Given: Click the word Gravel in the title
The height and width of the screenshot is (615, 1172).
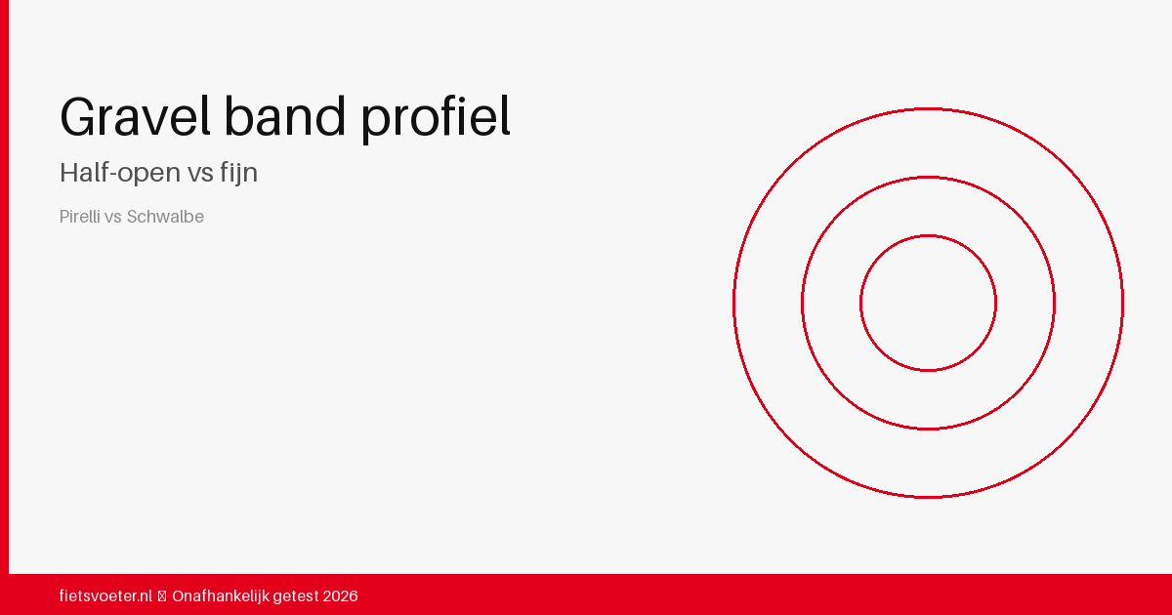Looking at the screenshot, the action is [x=135, y=116].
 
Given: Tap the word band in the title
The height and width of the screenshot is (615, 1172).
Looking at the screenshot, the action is [x=284, y=116].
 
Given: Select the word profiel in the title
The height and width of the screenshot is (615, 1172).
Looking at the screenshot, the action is [x=436, y=119].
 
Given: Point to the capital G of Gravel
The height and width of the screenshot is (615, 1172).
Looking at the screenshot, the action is [x=77, y=116].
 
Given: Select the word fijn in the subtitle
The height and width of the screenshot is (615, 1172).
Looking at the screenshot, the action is [x=238, y=173].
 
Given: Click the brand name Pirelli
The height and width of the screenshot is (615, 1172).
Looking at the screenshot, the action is [x=79, y=217].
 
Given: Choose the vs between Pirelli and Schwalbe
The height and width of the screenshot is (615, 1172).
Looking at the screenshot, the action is [x=113, y=218].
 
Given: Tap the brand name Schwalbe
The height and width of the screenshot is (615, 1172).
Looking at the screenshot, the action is [x=165, y=217].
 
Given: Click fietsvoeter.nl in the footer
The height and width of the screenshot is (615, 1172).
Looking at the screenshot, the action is [x=105, y=596].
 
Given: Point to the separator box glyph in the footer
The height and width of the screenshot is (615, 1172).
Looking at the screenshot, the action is [x=162, y=596].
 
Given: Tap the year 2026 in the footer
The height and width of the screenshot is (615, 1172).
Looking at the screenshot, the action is [x=340, y=596].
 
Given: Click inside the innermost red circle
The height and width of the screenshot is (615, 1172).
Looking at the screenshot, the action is [x=928, y=304].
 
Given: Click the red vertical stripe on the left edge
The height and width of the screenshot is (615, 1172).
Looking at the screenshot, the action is [x=4, y=287].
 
